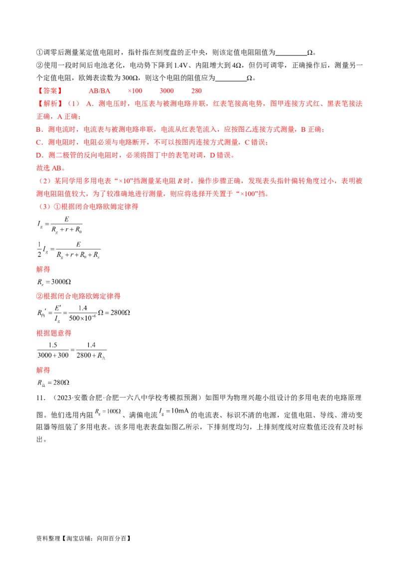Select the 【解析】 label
(49, 104)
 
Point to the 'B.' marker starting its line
(39, 130)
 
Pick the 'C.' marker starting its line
(39, 143)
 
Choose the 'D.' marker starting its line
(39, 156)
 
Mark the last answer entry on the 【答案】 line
(197, 91)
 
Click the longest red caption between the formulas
(79, 296)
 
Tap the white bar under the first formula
(65, 231)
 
